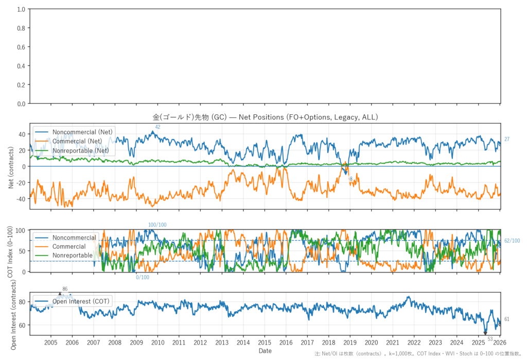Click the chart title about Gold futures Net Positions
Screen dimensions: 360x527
click(x=265, y=117)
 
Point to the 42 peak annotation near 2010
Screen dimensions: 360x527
click(x=157, y=127)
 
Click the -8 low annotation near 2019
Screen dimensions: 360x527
click(x=350, y=179)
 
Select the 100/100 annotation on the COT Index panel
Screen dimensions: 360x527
click(x=157, y=225)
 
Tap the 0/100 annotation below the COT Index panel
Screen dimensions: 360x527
click(x=143, y=278)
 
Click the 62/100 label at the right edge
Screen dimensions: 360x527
click(x=512, y=241)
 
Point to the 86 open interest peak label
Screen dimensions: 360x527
click(x=65, y=289)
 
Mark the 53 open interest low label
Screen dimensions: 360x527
click(x=490, y=339)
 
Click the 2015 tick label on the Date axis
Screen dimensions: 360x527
click(x=265, y=342)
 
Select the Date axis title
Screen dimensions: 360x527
click(x=265, y=351)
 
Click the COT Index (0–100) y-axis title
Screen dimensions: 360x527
click(x=11, y=251)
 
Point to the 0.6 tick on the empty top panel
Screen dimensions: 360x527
click(x=22, y=47)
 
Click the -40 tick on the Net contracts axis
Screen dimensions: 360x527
click(x=21, y=199)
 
